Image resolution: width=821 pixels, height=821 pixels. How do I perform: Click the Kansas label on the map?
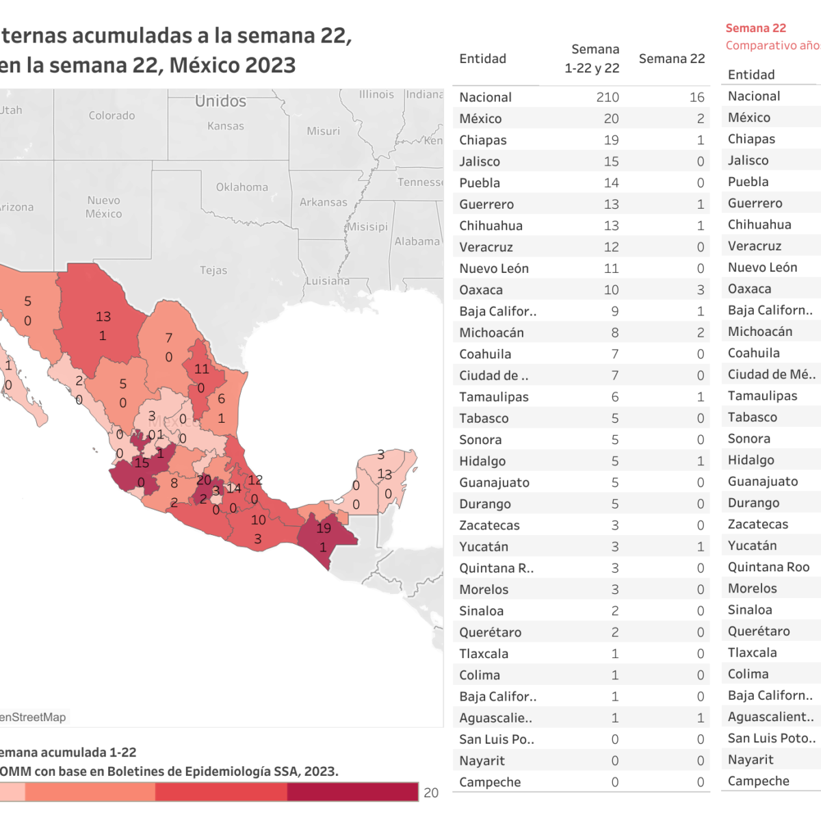[x=225, y=126]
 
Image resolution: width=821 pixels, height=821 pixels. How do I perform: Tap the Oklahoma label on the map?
[x=242, y=187]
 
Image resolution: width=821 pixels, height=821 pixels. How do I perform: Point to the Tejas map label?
[x=213, y=270]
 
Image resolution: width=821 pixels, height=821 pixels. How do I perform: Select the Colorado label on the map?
[x=112, y=116]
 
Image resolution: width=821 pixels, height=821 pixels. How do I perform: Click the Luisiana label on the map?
[x=327, y=281]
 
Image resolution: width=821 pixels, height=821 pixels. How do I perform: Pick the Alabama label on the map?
[x=417, y=241]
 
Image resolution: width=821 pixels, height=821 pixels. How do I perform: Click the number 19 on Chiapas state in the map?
[x=324, y=528]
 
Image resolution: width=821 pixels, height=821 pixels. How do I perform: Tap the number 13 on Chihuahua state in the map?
[x=103, y=317]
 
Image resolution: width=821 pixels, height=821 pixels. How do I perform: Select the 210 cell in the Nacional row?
[x=607, y=97]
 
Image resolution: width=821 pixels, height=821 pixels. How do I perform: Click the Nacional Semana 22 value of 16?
[x=696, y=97]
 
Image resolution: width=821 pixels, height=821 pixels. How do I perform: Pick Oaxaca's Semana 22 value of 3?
[x=700, y=290]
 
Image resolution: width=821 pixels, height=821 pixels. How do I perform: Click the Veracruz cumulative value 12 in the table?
[x=611, y=247]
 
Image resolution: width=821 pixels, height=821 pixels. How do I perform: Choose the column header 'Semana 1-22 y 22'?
[x=592, y=59]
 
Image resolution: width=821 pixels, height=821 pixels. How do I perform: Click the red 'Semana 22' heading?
[x=755, y=28]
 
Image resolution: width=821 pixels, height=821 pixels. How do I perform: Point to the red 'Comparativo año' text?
[x=772, y=46]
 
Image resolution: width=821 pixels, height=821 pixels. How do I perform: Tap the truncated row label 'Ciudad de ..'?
[x=493, y=376]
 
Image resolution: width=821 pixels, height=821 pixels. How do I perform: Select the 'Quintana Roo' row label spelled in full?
[x=768, y=567]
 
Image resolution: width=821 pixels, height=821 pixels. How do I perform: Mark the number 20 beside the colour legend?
[x=431, y=792]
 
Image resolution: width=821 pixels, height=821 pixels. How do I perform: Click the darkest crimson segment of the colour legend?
[x=352, y=792]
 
